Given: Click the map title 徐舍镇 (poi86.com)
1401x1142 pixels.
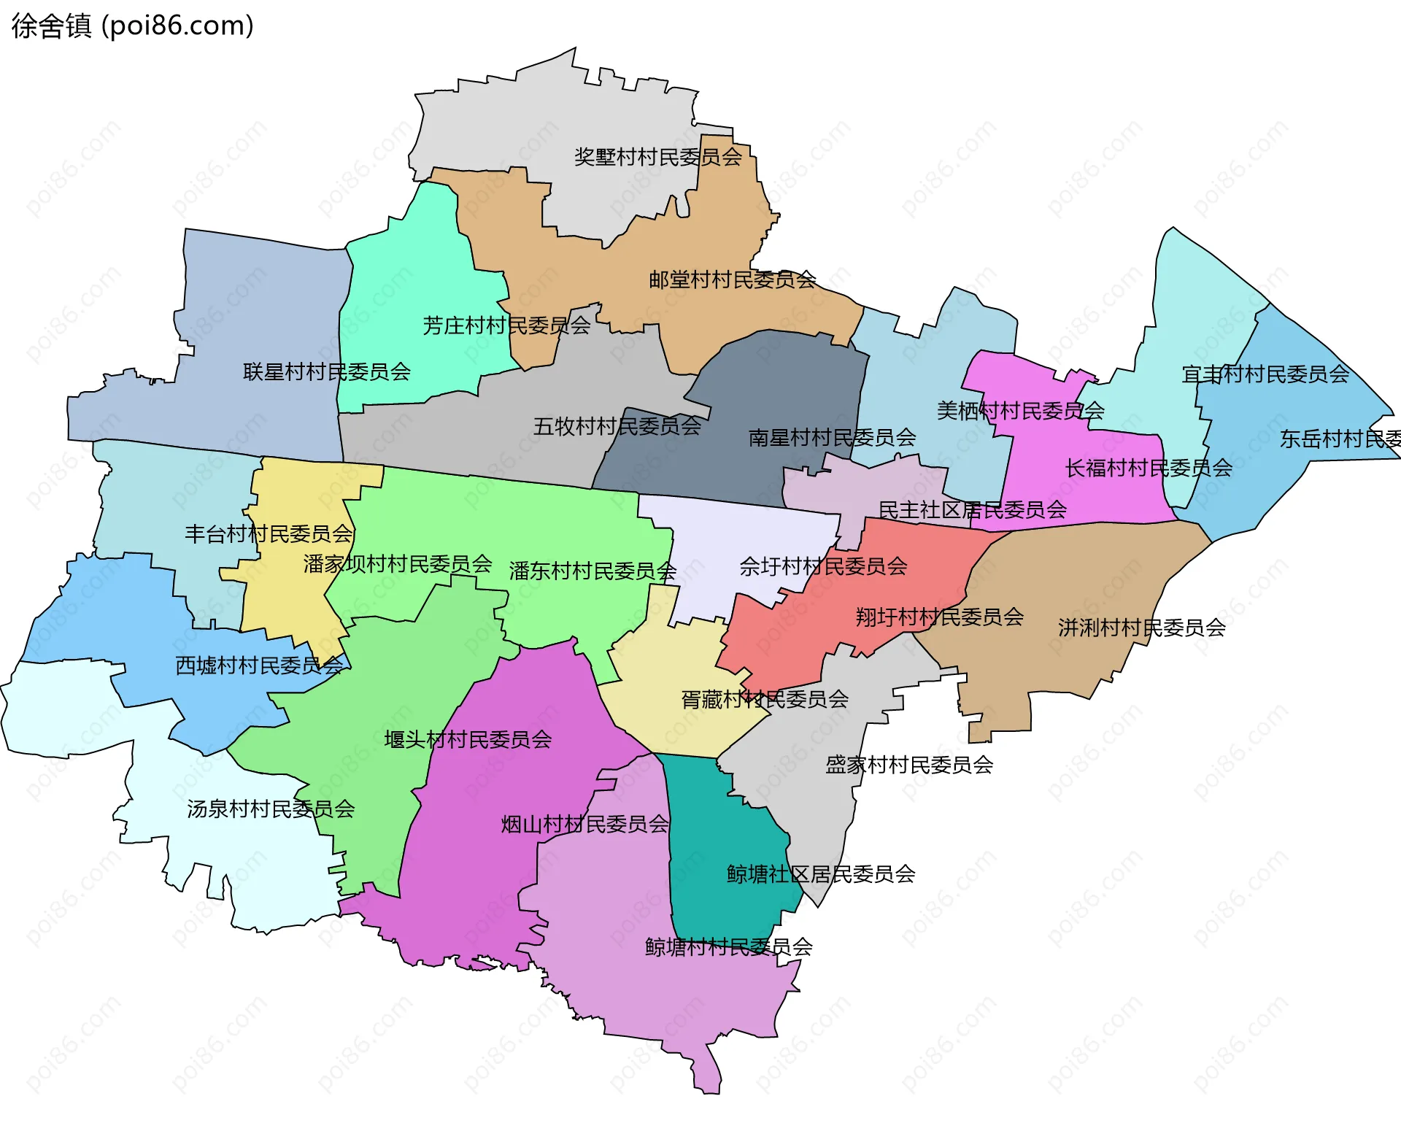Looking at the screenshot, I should (x=132, y=26).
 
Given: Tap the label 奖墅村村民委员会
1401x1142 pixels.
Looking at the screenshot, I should (x=657, y=157).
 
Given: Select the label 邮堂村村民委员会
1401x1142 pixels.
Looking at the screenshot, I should (x=732, y=279).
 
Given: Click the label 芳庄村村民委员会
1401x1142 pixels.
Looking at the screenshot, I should (x=506, y=325).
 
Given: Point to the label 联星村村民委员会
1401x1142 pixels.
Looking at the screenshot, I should (x=326, y=372).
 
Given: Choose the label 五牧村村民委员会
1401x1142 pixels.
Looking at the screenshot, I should (x=617, y=426).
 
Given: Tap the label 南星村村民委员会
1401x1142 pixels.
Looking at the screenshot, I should (x=832, y=438).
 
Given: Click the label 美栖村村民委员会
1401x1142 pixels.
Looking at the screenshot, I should (x=1020, y=411).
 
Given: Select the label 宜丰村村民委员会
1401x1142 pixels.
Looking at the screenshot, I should (x=1265, y=374).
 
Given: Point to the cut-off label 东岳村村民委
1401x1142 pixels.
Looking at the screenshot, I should (x=1340, y=439).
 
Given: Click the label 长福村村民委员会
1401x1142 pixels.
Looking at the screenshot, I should (x=1148, y=468).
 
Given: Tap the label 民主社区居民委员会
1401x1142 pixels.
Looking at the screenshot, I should (x=972, y=510).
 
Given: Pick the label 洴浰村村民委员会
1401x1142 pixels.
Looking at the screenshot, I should (x=1141, y=628).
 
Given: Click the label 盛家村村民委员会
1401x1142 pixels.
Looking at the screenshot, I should (x=908, y=765).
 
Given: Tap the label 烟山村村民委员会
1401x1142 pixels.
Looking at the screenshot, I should (x=584, y=825).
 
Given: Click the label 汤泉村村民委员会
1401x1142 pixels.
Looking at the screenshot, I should (x=271, y=809).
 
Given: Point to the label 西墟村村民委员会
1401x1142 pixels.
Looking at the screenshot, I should (x=259, y=665).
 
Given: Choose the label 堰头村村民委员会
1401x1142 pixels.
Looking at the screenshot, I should (x=468, y=740).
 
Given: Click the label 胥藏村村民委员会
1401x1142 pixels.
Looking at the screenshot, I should (x=764, y=700).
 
